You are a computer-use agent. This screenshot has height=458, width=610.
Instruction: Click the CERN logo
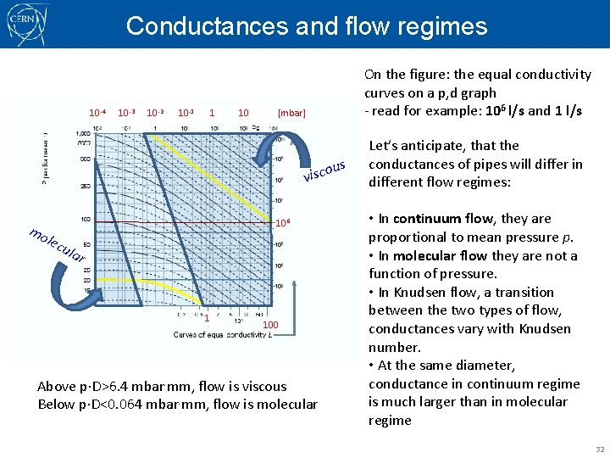[26, 25]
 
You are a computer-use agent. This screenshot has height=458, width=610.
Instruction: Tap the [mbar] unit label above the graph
[291, 112]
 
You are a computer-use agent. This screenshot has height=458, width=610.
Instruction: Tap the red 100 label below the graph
[269, 325]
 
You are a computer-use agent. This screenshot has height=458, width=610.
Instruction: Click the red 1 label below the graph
[207, 318]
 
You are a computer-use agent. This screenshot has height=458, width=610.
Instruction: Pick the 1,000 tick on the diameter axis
[83, 135]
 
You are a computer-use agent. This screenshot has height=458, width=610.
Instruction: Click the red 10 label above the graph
[243, 112]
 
